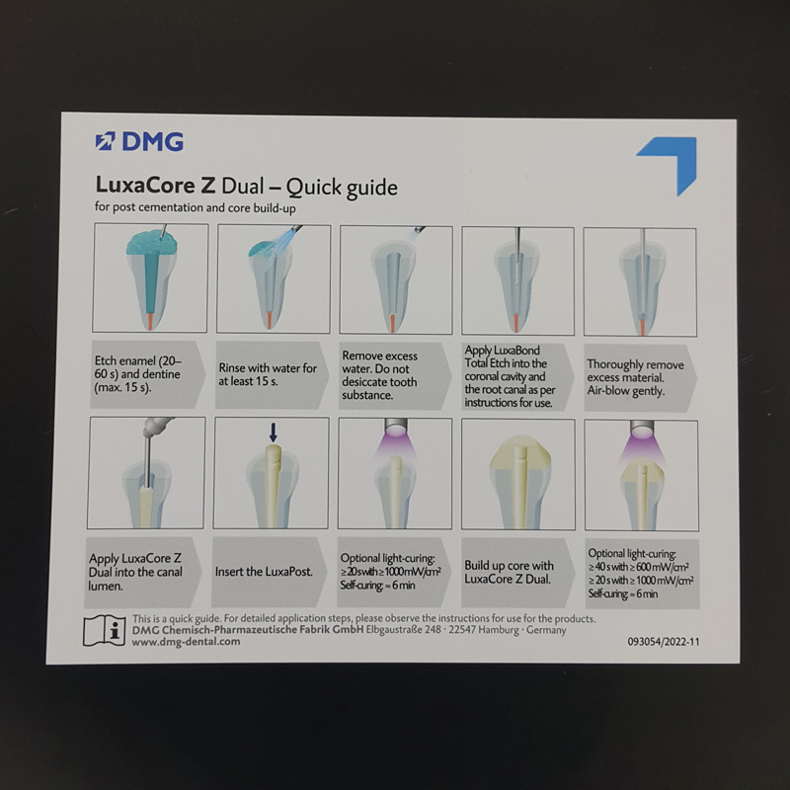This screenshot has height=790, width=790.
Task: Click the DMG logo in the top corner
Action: pyautogui.click(x=139, y=141)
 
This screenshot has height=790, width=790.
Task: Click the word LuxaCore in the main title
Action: pyautogui.click(x=145, y=185)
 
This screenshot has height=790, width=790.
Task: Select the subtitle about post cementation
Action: pyautogui.click(x=195, y=207)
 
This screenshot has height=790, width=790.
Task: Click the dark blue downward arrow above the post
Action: pyautogui.click(x=274, y=433)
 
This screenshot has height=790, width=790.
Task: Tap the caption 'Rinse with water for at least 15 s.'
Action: pyautogui.click(x=268, y=375)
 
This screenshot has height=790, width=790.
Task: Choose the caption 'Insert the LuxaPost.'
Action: pyautogui.click(x=264, y=572)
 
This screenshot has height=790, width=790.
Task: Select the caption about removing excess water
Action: pyautogui.click(x=379, y=375)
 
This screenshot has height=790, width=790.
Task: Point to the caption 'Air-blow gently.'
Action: pyautogui.click(x=625, y=391)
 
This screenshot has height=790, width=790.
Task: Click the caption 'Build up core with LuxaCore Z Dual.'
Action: pyautogui.click(x=509, y=572)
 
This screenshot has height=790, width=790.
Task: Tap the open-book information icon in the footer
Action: pyautogui.click(x=104, y=630)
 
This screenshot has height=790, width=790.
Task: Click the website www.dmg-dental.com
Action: pyautogui.click(x=186, y=642)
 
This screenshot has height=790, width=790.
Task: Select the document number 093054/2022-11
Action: pyautogui.click(x=663, y=642)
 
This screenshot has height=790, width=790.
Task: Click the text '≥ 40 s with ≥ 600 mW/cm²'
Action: pyautogui.click(x=638, y=567)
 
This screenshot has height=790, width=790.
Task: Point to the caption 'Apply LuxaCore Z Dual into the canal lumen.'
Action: pyautogui.click(x=135, y=573)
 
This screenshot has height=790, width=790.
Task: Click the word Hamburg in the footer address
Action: pyautogui.click(x=498, y=630)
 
